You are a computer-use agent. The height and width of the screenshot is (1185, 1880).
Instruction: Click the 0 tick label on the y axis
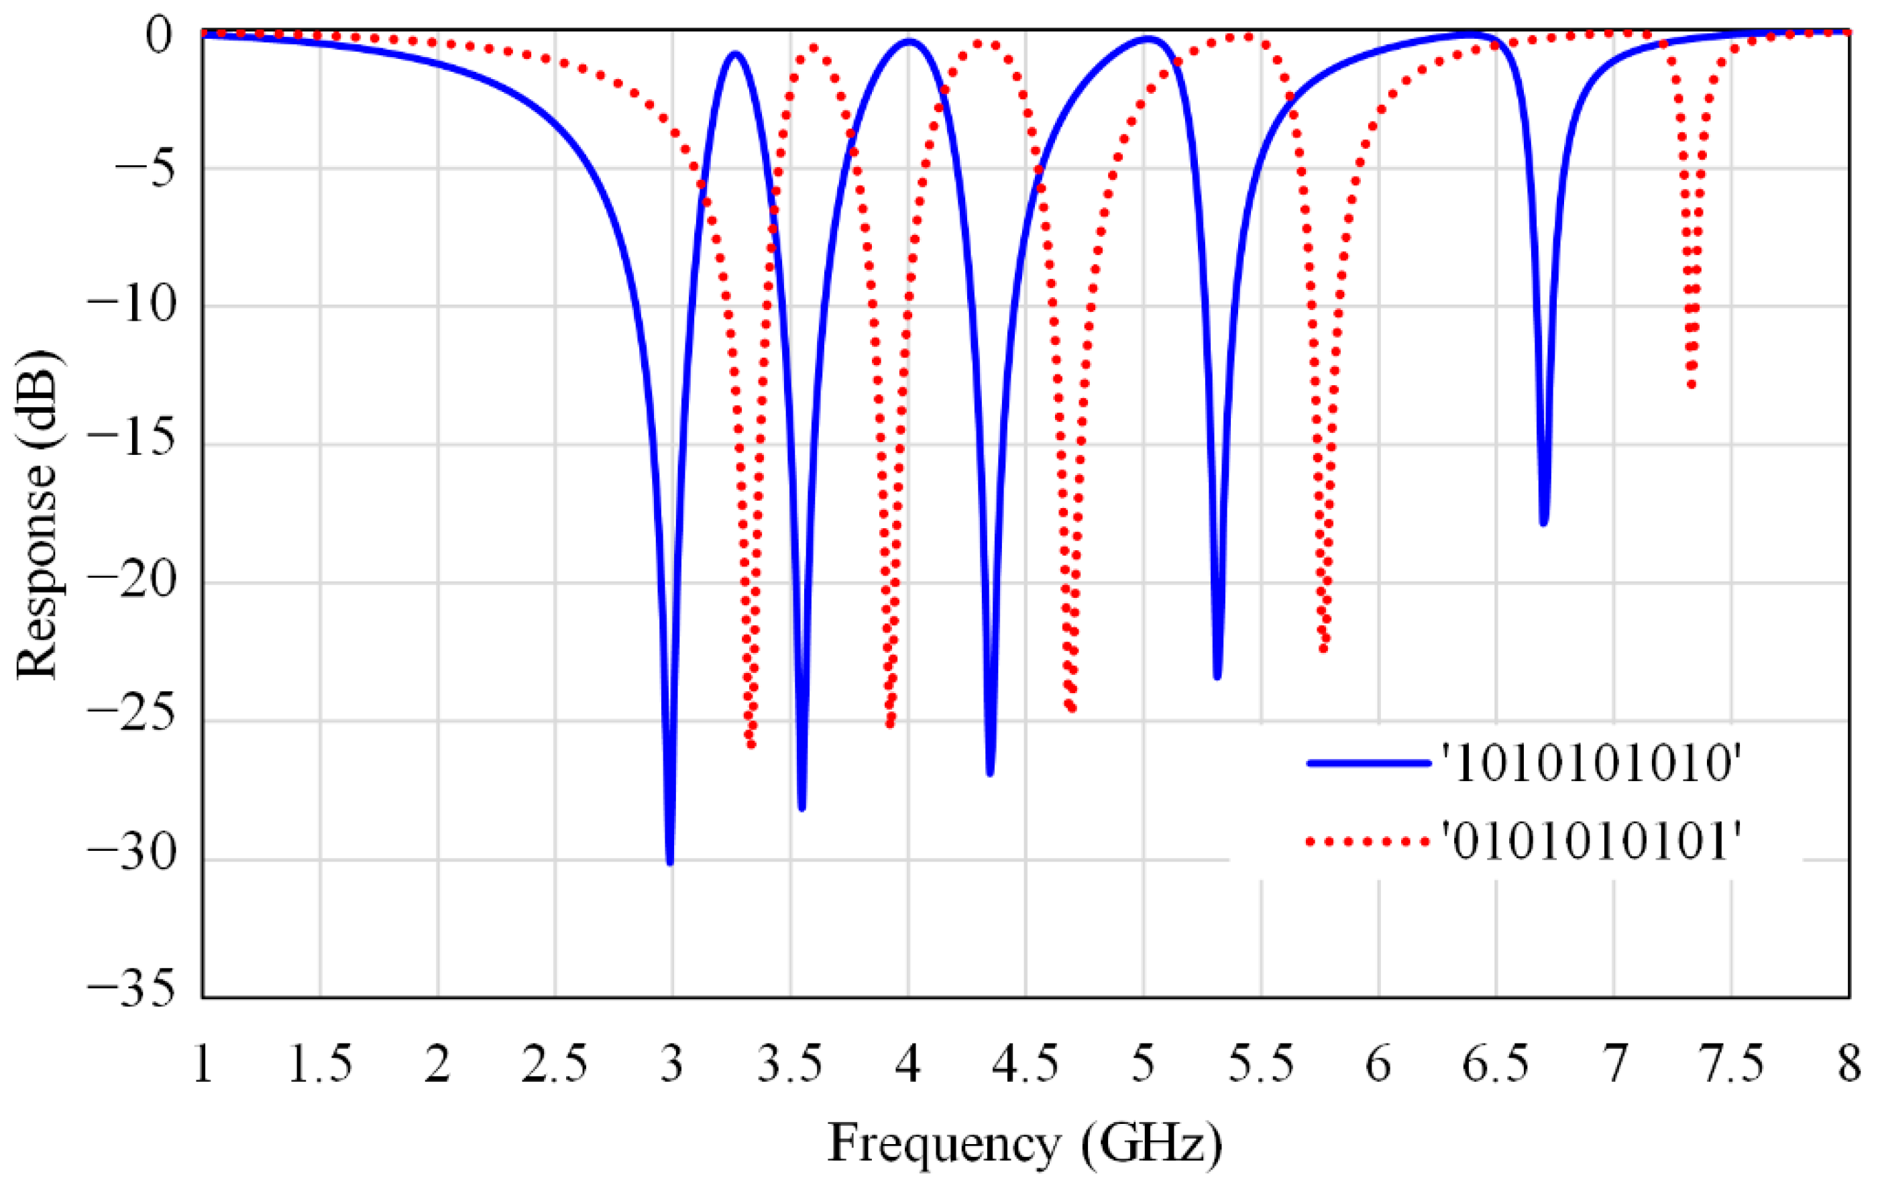158,35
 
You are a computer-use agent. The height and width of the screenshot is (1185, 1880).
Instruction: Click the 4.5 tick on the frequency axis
1025,1064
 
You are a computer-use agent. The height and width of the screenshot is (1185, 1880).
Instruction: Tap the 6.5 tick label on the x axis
1495,1064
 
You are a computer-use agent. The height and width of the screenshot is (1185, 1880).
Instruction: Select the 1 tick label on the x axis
203,1064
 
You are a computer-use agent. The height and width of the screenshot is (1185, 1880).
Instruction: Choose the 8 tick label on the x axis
1848,1064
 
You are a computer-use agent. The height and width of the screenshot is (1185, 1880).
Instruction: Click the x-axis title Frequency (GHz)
1024,1143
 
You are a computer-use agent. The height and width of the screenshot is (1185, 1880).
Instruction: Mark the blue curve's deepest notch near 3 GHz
670,862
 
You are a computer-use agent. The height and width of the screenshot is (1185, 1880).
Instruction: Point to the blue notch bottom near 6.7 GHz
1543,522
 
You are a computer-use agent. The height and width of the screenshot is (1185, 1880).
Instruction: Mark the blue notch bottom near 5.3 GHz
1217,676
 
